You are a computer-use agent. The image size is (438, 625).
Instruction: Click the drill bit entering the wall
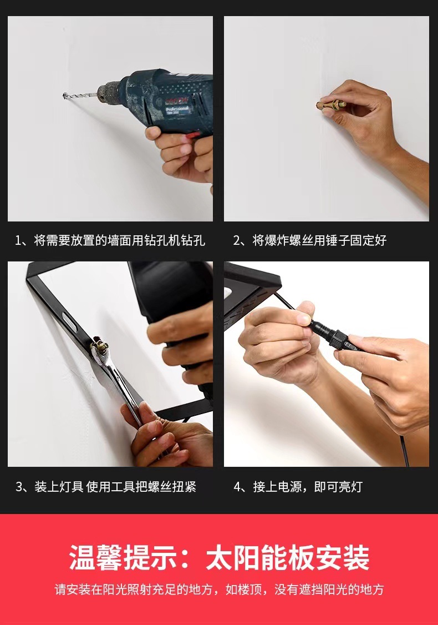pos(80,95)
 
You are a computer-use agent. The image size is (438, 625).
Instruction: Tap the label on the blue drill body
pos(177,107)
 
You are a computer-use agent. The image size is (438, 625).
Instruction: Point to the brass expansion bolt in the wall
pos(330,105)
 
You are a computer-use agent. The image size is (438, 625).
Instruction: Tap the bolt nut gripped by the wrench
pos(100,345)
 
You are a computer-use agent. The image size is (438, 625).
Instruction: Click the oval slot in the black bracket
pos(69,321)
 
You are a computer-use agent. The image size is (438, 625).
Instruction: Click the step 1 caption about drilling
pos(110,240)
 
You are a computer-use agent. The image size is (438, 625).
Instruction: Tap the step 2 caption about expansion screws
pos(310,240)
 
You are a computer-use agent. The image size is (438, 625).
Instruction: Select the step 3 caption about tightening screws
pos(105,487)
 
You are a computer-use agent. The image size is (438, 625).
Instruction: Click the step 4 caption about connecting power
pos(298,487)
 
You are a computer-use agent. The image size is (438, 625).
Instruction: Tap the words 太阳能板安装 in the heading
pos(288,557)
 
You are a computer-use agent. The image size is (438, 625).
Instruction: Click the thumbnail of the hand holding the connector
pos(327,364)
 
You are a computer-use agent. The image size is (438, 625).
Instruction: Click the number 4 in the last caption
pos(237,487)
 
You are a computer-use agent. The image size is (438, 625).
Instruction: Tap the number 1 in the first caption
pos(18,241)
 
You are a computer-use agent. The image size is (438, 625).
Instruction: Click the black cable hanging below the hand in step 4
pos(405,451)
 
